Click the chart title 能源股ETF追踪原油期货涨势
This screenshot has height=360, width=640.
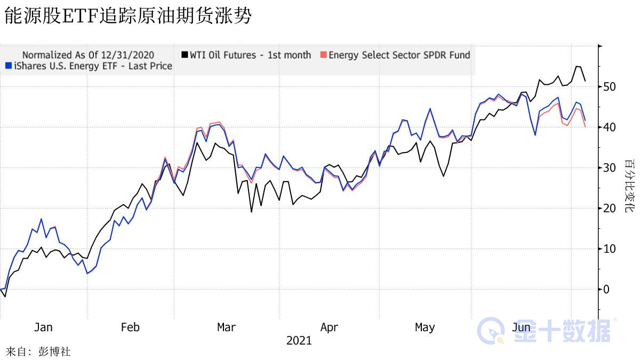coord(127,16)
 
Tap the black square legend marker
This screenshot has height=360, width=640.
coord(185,55)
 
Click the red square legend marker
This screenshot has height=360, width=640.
coord(323,55)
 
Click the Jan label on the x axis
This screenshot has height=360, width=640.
coord(43,327)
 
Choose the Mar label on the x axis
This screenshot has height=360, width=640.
coord(226,327)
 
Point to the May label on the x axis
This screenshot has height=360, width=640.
coord(425,327)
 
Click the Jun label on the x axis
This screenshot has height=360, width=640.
coord(521,327)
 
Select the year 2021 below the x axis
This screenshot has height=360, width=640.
coord(299,340)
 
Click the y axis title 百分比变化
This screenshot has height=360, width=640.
coord(630,186)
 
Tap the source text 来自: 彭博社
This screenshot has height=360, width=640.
coord(38,352)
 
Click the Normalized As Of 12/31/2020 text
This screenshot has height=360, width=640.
coord(88,55)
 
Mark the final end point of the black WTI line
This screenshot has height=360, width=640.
coord(586,81)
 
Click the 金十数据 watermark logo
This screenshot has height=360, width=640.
coord(544,331)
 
